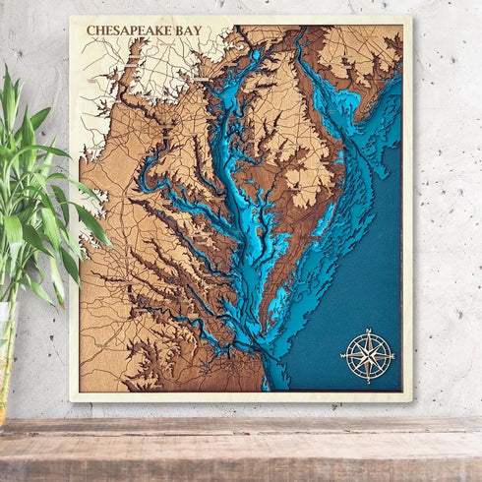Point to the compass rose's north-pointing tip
pyautogui.click(x=367, y=329)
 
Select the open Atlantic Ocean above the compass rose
pyautogui.click(x=374, y=256)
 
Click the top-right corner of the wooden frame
pyautogui.click(x=410, y=18)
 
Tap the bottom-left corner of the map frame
pyautogui.click(x=71, y=399)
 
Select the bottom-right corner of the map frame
pyautogui.click(x=411, y=400)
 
